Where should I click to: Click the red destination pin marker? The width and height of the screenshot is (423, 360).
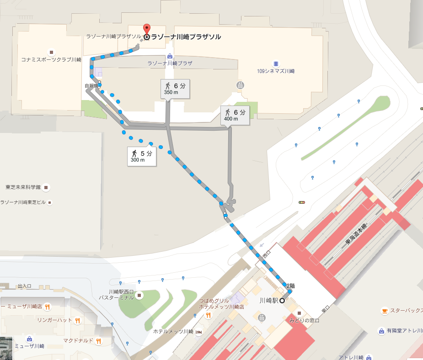pyautogui.click(x=146, y=29)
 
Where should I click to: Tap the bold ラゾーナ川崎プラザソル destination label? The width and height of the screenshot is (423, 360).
pyautogui.click(x=186, y=37)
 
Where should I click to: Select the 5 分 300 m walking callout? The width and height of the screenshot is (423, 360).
pyautogui.click(x=142, y=156)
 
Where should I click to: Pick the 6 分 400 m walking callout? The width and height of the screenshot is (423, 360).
pyautogui.click(x=235, y=115)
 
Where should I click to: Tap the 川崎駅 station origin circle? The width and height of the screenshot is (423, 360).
pyautogui.click(x=282, y=301)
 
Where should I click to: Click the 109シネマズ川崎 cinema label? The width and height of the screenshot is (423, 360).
pyautogui.click(x=276, y=71)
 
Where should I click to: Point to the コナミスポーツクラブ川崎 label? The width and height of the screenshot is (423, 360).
pyautogui.click(x=51, y=59)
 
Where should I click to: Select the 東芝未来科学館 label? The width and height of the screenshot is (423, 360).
pyautogui.click(x=23, y=187)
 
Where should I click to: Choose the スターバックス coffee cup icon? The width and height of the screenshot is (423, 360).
pyautogui.click(x=385, y=311)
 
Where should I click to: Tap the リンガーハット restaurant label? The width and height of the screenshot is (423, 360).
pyautogui.click(x=54, y=320)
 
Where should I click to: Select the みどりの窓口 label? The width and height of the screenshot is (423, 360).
pyautogui.click(x=304, y=320)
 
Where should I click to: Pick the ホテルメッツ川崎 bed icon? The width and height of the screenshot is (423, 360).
pyautogui.click(x=198, y=332)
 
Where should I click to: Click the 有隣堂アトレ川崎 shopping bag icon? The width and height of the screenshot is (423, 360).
pyautogui.click(x=381, y=331)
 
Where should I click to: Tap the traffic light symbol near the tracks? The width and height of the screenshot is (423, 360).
pyautogui.click(x=301, y=202)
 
